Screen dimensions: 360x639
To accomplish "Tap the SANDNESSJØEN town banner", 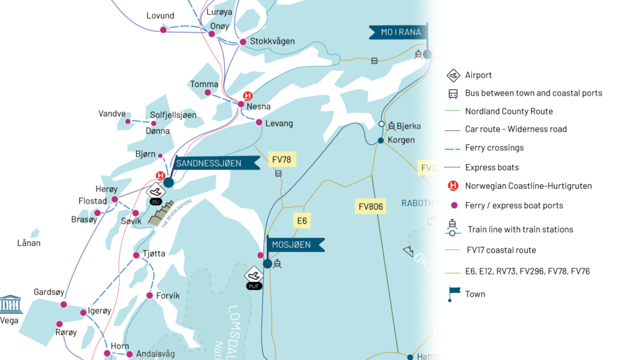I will click(x=215, y=163).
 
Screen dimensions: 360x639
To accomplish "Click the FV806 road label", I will click(x=371, y=206).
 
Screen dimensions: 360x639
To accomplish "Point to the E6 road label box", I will click(x=302, y=220).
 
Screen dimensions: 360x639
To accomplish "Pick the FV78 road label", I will click(x=282, y=160).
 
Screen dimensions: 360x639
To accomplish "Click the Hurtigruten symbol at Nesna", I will click(x=247, y=95).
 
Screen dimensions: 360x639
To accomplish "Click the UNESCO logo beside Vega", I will click(x=11, y=304).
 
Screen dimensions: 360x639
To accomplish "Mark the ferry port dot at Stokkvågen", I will click(x=243, y=42).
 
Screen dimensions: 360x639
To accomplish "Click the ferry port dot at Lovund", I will click(x=163, y=29).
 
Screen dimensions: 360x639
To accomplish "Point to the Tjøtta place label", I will click(x=154, y=253).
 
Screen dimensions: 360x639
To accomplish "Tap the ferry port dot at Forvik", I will click(x=150, y=295).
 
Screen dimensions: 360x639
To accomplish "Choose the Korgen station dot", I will click(x=381, y=140).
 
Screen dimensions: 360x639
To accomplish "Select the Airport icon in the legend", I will click(x=453, y=75).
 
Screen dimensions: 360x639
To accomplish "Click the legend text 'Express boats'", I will click(x=492, y=167).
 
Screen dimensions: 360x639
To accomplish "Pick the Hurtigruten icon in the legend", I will click(x=453, y=186).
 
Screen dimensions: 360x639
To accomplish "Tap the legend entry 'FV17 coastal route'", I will click(x=501, y=250).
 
